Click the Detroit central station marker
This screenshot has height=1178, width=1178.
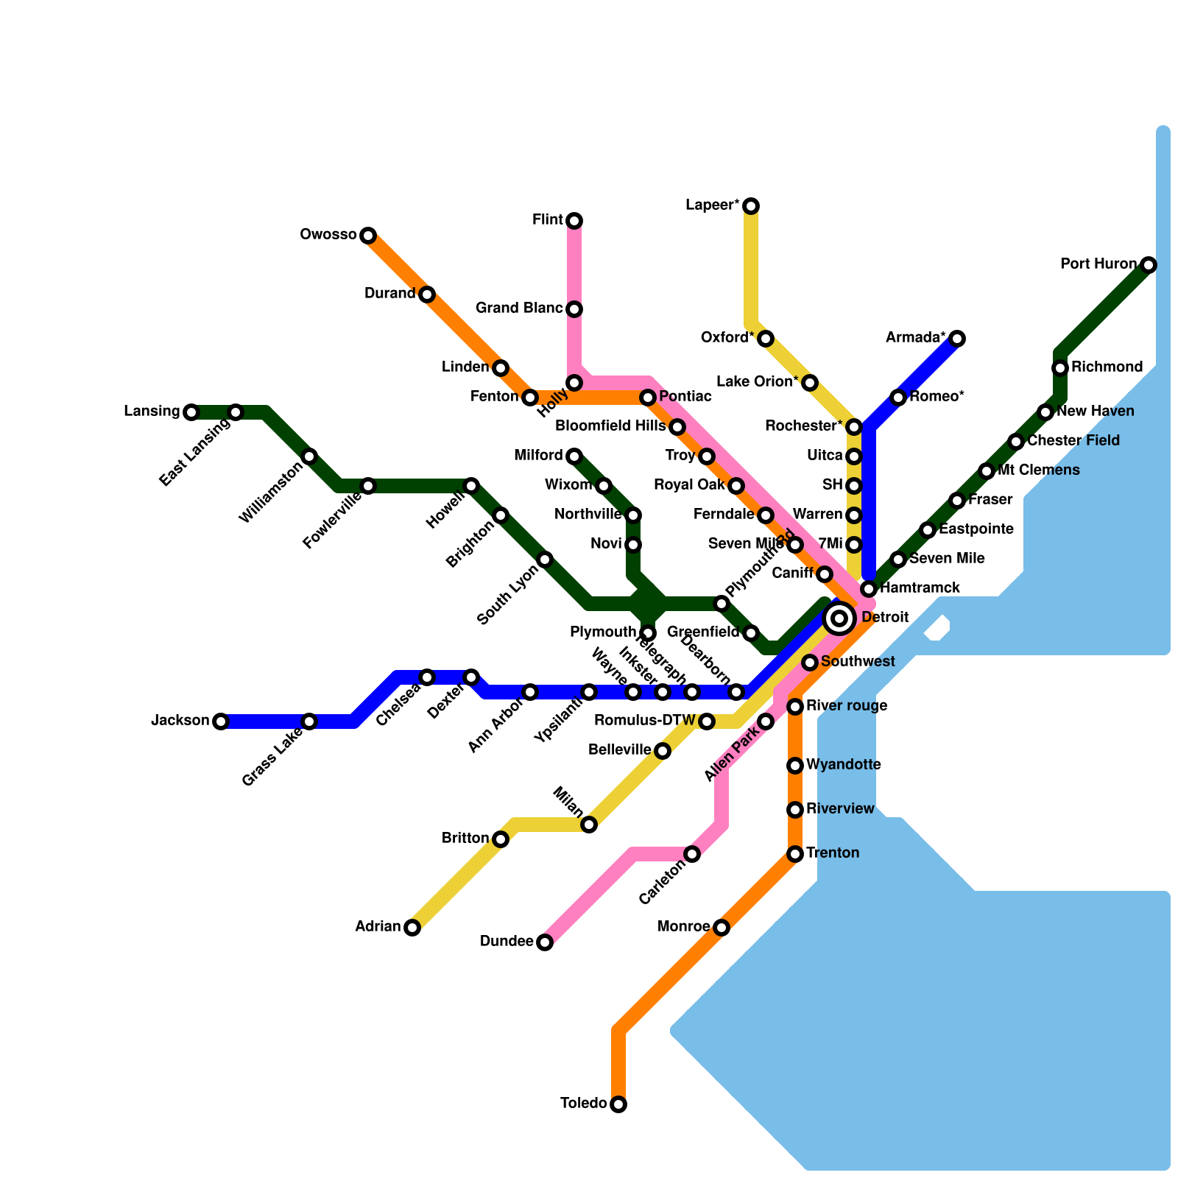[x=839, y=618]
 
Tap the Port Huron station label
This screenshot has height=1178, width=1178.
[x=1098, y=264]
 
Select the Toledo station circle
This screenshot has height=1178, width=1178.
[x=618, y=1104]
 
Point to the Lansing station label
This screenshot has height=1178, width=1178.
[x=152, y=412]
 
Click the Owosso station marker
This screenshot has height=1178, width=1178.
[x=368, y=236]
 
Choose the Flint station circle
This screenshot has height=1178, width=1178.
[x=574, y=221]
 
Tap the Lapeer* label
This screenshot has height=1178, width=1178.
[x=712, y=205]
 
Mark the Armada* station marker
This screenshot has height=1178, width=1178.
[x=957, y=339]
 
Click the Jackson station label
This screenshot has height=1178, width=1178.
[x=180, y=721]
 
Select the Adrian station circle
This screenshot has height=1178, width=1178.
[x=412, y=928]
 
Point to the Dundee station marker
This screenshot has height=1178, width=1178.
[x=545, y=942]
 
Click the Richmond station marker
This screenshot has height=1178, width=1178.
[x=1060, y=368]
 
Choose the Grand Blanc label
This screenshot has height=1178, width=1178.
[x=519, y=308]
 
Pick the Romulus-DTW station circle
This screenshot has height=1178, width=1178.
[x=707, y=722]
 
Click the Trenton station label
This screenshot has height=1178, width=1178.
[x=833, y=853]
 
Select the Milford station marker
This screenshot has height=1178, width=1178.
[x=574, y=456]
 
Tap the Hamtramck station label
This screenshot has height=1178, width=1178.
[x=920, y=588]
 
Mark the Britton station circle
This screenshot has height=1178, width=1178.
[x=501, y=839]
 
